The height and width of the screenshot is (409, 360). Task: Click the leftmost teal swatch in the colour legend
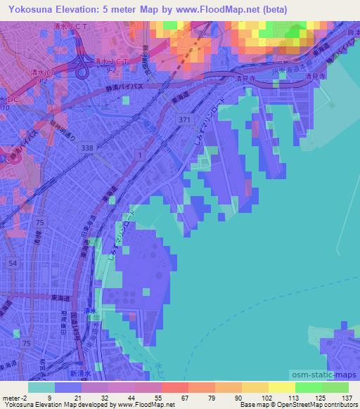tap(41, 387)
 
